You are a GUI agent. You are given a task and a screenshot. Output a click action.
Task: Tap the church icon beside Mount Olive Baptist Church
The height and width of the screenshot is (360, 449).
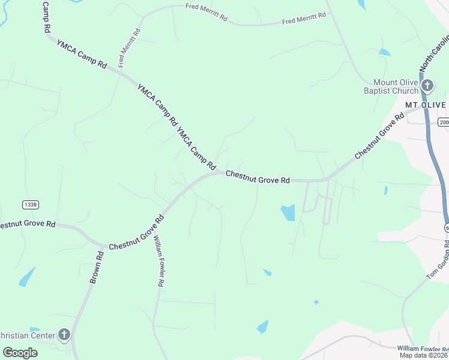tap(427, 86)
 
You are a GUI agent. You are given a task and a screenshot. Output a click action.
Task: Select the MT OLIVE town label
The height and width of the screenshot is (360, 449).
tap(425, 105)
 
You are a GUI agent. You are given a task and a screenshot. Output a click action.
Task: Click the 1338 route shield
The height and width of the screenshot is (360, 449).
tap(31, 205)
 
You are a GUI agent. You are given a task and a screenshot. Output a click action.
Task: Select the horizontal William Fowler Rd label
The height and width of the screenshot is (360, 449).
tap(423, 349)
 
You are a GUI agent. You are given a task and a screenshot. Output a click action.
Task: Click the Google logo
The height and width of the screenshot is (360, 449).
tap(20, 352)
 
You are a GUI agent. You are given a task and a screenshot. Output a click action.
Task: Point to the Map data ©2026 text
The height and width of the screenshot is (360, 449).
tap(424, 355)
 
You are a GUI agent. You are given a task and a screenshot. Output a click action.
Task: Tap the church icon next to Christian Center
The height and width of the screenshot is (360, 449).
tap(64, 335)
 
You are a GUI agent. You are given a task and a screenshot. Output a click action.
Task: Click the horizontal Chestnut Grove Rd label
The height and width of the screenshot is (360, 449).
tap(258, 177)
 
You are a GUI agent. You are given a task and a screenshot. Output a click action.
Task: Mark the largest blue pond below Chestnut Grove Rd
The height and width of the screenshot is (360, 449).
tap(288, 212)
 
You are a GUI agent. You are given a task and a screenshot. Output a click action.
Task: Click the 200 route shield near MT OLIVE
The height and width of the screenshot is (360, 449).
tap(444, 122)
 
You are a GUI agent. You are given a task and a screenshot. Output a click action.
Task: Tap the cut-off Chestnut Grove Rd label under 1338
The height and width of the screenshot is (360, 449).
tap(27, 224)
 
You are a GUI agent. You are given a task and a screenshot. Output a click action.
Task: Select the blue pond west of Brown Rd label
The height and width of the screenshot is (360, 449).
tap(26, 277)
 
